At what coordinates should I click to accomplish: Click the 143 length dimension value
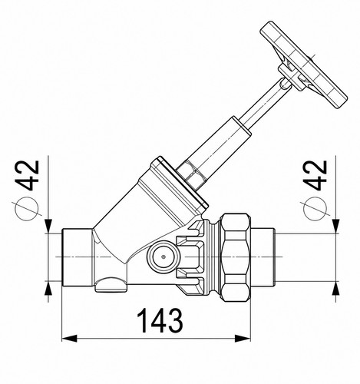[160, 320]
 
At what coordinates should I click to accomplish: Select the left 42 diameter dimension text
[28, 176]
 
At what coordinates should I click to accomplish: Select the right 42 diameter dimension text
[315, 176]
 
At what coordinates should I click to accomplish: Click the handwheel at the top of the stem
[304, 64]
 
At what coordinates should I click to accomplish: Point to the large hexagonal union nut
[236, 257]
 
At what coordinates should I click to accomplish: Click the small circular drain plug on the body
[163, 257]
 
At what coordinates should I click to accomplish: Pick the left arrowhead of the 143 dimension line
[70, 338]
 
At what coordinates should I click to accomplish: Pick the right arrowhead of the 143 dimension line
[243, 338]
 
